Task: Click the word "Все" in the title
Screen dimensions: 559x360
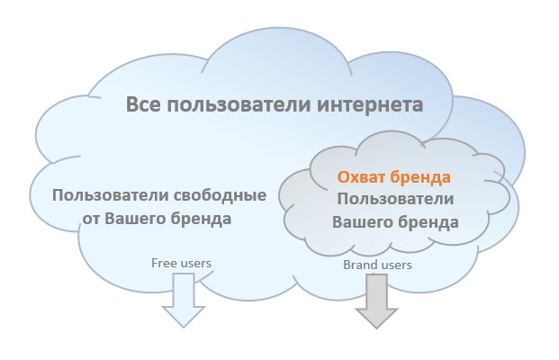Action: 143,104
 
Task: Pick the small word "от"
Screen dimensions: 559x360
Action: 91,219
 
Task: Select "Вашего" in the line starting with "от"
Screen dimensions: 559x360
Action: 134,219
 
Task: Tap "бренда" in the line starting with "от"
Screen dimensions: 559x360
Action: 201,218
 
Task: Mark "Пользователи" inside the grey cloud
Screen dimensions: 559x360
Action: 395,199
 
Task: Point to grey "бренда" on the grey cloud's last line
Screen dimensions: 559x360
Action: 428,221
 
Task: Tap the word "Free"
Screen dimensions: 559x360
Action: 165,263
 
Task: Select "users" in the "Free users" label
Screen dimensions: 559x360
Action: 196,264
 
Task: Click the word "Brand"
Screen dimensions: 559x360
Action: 358,265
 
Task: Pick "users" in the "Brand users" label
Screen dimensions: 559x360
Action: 395,265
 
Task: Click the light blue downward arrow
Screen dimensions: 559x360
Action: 184,300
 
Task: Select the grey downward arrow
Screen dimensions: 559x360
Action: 376,301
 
